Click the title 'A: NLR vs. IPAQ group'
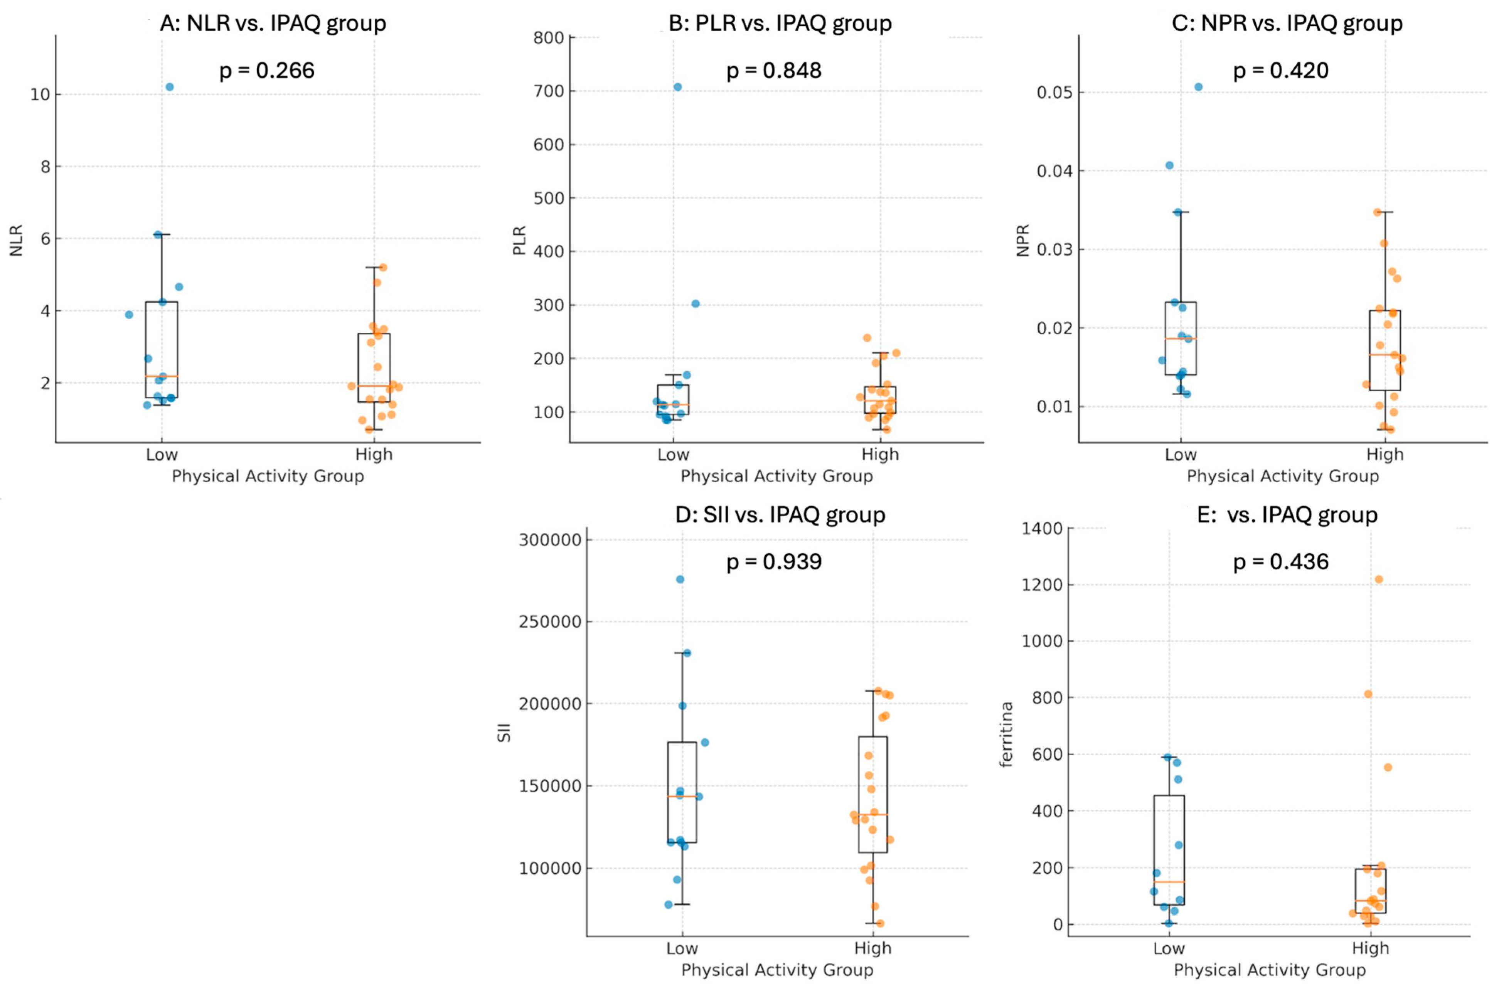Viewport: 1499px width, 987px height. click(273, 23)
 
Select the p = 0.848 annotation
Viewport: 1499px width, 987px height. click(774, 71)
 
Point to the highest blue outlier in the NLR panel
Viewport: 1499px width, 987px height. click(169, 87)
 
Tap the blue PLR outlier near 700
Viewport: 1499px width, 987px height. click(678, 87)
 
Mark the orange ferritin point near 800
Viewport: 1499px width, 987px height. click(1368, 694)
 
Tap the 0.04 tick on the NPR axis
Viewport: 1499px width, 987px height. click(1055, 171)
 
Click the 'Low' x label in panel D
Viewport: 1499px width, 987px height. click(682, 948)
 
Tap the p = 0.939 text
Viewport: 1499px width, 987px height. click(774, 562)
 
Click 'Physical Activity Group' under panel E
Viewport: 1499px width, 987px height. click(1269, 970)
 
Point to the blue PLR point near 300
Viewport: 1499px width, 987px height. click(696, 303)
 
